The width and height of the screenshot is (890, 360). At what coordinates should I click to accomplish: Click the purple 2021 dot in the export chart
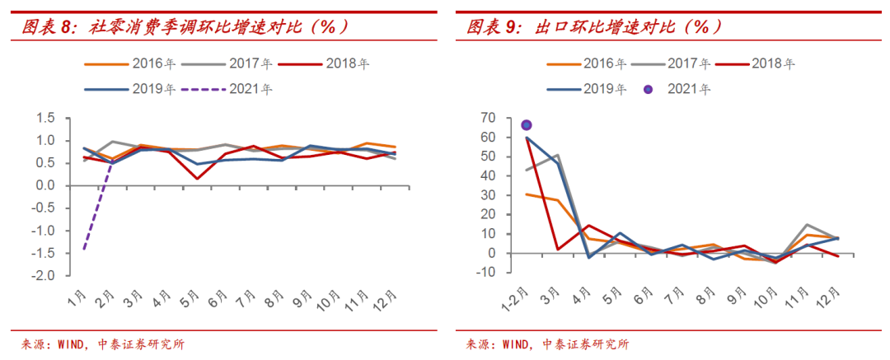tap(527, 125)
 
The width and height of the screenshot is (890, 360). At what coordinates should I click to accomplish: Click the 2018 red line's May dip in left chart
tap(198, 178)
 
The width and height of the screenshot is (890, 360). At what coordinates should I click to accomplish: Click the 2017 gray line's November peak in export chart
tap(808, 225)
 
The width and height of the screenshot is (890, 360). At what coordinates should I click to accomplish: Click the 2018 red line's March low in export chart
tap(558, 249)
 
